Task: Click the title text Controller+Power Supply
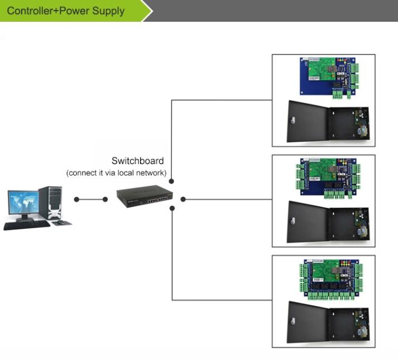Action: (66, 11)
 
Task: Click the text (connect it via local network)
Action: (116, 173)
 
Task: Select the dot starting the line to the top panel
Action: (171, 181)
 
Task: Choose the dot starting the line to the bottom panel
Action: (171, 209)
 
